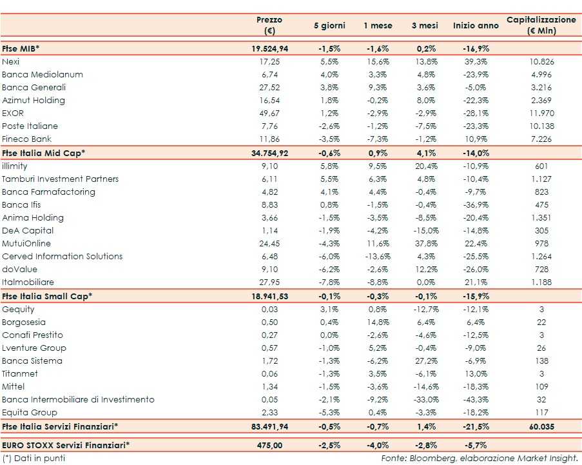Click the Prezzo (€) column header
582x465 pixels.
[269, 25]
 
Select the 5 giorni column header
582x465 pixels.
[329, 26]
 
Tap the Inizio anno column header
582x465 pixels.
[476, 26]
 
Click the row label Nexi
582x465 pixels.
[11, 61]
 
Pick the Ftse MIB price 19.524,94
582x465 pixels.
[269, 48]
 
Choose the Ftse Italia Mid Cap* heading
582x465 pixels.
[44, 153]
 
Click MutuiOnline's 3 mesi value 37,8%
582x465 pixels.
[425, 243]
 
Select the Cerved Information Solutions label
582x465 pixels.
[62, 256]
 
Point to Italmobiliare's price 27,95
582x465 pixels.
[269, 282]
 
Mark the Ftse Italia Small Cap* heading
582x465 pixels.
[47, 296]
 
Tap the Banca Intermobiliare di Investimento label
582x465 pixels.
[78, 399]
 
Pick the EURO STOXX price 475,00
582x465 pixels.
[269, 444]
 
